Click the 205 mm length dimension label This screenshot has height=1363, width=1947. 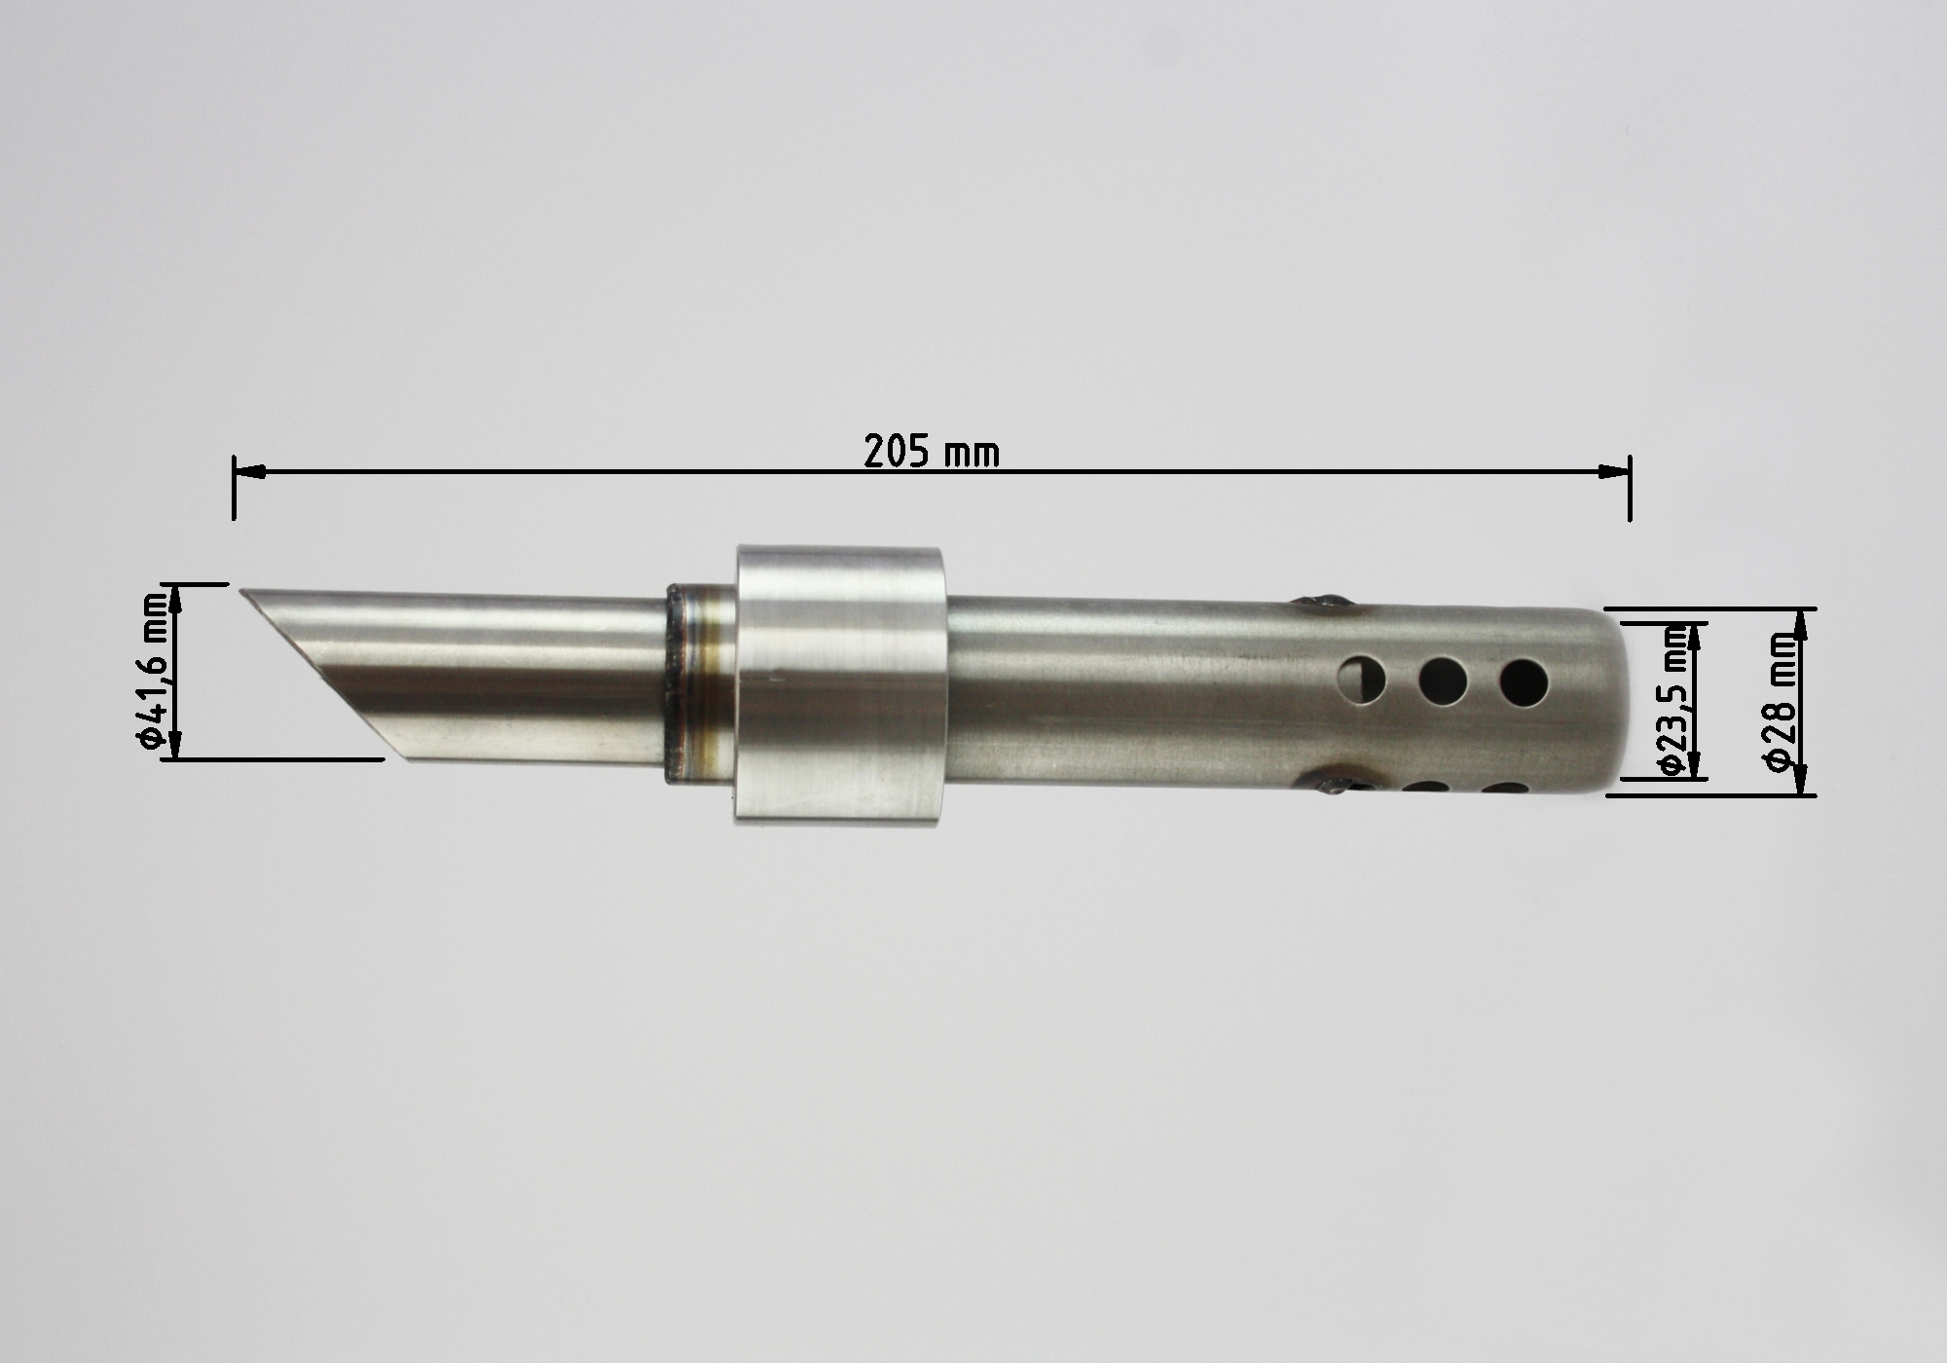coord(932,452)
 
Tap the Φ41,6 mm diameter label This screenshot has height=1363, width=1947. coord(153,672)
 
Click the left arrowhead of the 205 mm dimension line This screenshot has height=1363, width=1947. coord(249,472)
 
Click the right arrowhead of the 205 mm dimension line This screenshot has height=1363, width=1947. coord(1614,472)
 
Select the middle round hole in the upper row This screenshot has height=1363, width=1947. coord(1443,681)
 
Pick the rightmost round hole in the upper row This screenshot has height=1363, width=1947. coord(1524,682)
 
